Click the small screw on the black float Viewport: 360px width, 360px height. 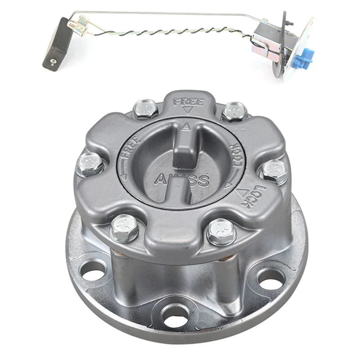tap(53, 62)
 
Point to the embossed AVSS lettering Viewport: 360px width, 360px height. tap(182, 180)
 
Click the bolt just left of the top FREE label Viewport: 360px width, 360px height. tap(145, 108)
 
